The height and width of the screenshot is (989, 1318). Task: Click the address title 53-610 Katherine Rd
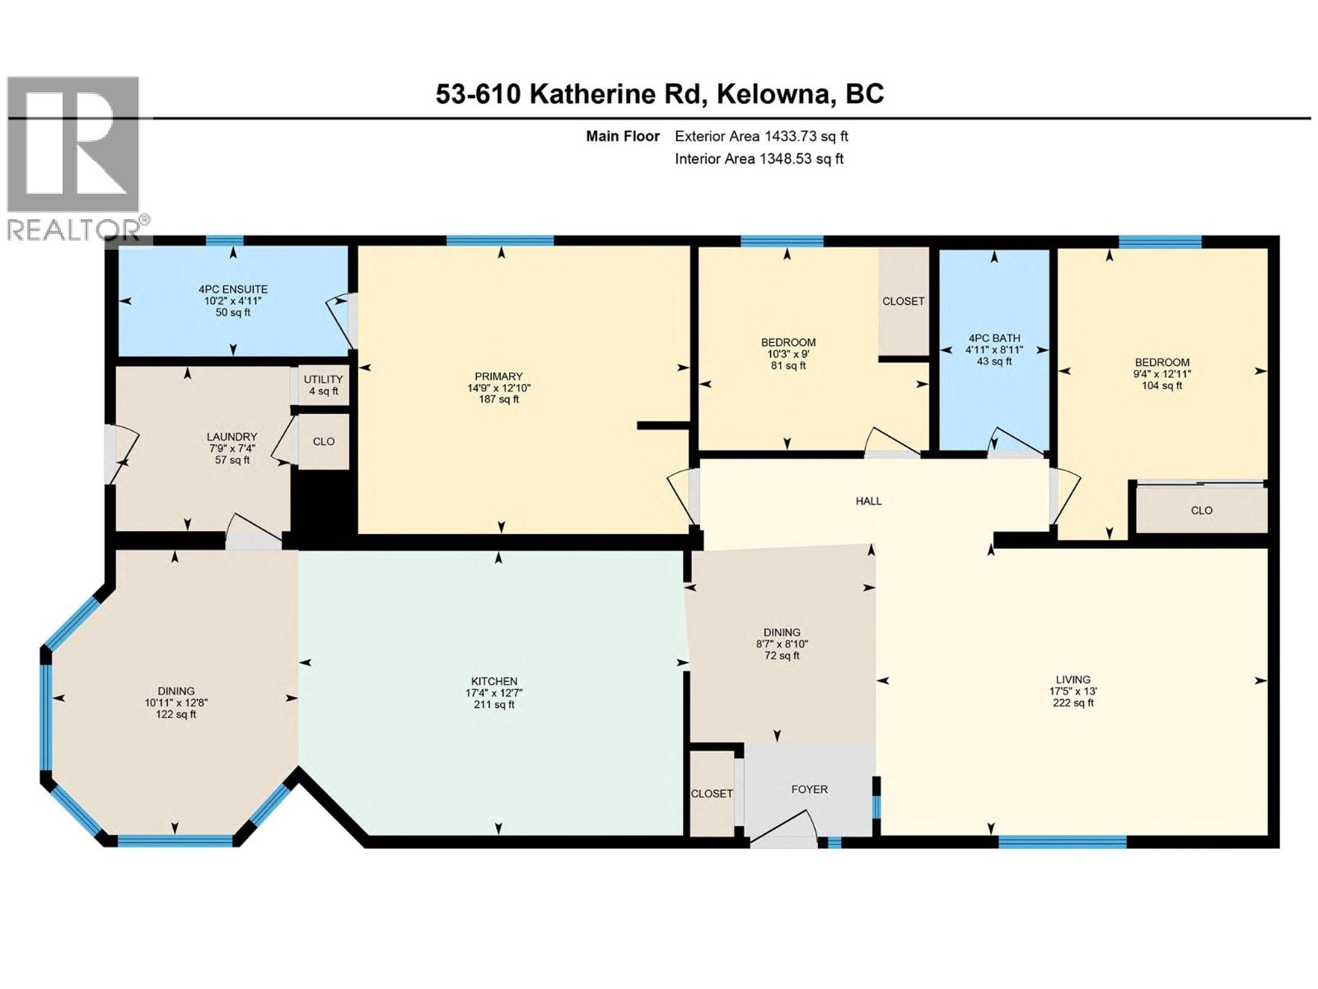point(660,94)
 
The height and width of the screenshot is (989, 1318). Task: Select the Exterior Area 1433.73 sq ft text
point(761,136)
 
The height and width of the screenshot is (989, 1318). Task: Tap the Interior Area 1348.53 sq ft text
point(759,159)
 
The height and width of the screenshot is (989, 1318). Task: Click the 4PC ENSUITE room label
point(233,301)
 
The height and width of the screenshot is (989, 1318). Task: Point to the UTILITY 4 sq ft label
point(323,385)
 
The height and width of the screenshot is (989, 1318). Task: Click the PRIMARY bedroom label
point(498,387)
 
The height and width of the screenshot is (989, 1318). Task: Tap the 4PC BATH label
point(994,349)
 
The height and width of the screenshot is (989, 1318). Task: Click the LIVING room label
point(1073,691)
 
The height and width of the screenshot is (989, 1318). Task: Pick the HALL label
point(868,501)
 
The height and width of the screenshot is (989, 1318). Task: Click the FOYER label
point(809,790)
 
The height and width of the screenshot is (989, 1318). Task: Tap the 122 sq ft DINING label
point(176,703)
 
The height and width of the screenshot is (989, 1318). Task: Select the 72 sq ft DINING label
point(782,644)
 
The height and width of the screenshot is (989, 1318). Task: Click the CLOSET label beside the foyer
point(712,794)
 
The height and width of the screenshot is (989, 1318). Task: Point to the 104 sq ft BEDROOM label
point(1161,373)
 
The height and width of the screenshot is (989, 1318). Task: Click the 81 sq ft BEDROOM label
point(788,354)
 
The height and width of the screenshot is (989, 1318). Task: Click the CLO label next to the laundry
point(324,442)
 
